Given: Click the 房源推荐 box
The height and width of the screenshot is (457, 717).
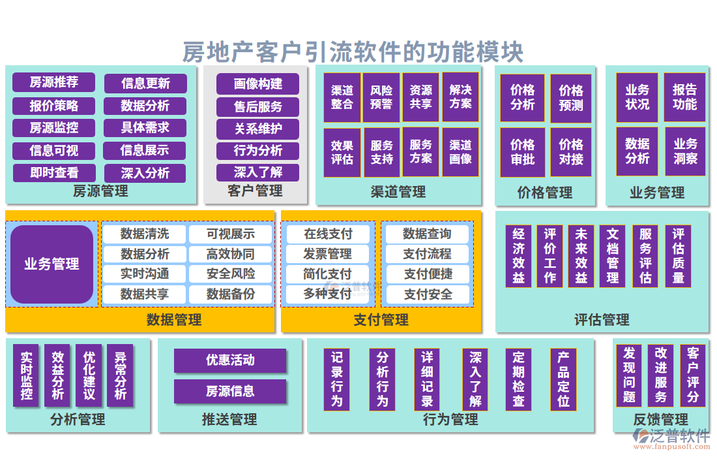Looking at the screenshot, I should click(54, 82).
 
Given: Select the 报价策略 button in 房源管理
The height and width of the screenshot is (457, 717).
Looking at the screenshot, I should click(54, 105).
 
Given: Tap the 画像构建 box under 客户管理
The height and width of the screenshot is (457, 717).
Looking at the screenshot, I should click(258, 84).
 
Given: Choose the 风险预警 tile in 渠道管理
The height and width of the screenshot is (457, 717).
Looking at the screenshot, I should click(382, 97).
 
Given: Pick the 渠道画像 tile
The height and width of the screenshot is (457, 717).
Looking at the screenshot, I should click(460, 152).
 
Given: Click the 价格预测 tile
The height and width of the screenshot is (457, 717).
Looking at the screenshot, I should click(571, 99).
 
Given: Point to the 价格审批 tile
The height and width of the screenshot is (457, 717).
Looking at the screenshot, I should click(523, 152).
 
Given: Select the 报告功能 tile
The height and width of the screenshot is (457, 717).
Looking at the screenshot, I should click(685, 97).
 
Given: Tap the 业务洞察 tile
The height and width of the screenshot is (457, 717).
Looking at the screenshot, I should click(685, 151).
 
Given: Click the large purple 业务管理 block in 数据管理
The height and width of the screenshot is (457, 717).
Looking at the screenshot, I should click(52, 264).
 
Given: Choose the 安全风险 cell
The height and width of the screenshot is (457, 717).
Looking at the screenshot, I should click(231, 274).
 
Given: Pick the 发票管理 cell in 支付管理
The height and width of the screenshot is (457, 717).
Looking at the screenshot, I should click(327, 254).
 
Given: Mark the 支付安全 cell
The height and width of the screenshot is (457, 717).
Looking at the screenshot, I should click(428, 294).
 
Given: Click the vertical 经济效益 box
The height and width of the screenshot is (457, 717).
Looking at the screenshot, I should click(518, 256).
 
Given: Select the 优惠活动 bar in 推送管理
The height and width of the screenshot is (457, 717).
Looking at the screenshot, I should click(230, 360).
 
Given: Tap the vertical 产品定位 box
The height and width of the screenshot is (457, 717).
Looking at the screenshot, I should click(563, 379).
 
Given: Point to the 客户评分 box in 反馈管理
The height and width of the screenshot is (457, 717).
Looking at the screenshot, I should click(693, 375).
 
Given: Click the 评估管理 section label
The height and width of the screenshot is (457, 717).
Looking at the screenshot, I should click(602, 320).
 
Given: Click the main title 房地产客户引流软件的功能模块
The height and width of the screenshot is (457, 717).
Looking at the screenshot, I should click(353, 52).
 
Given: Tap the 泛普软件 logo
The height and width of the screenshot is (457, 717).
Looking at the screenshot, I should click(671, 437).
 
